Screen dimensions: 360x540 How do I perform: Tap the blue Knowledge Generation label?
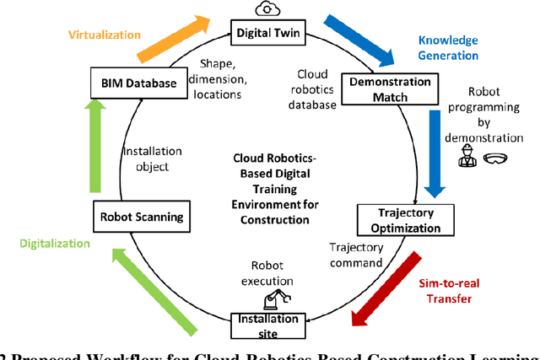(x=447, y=47)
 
